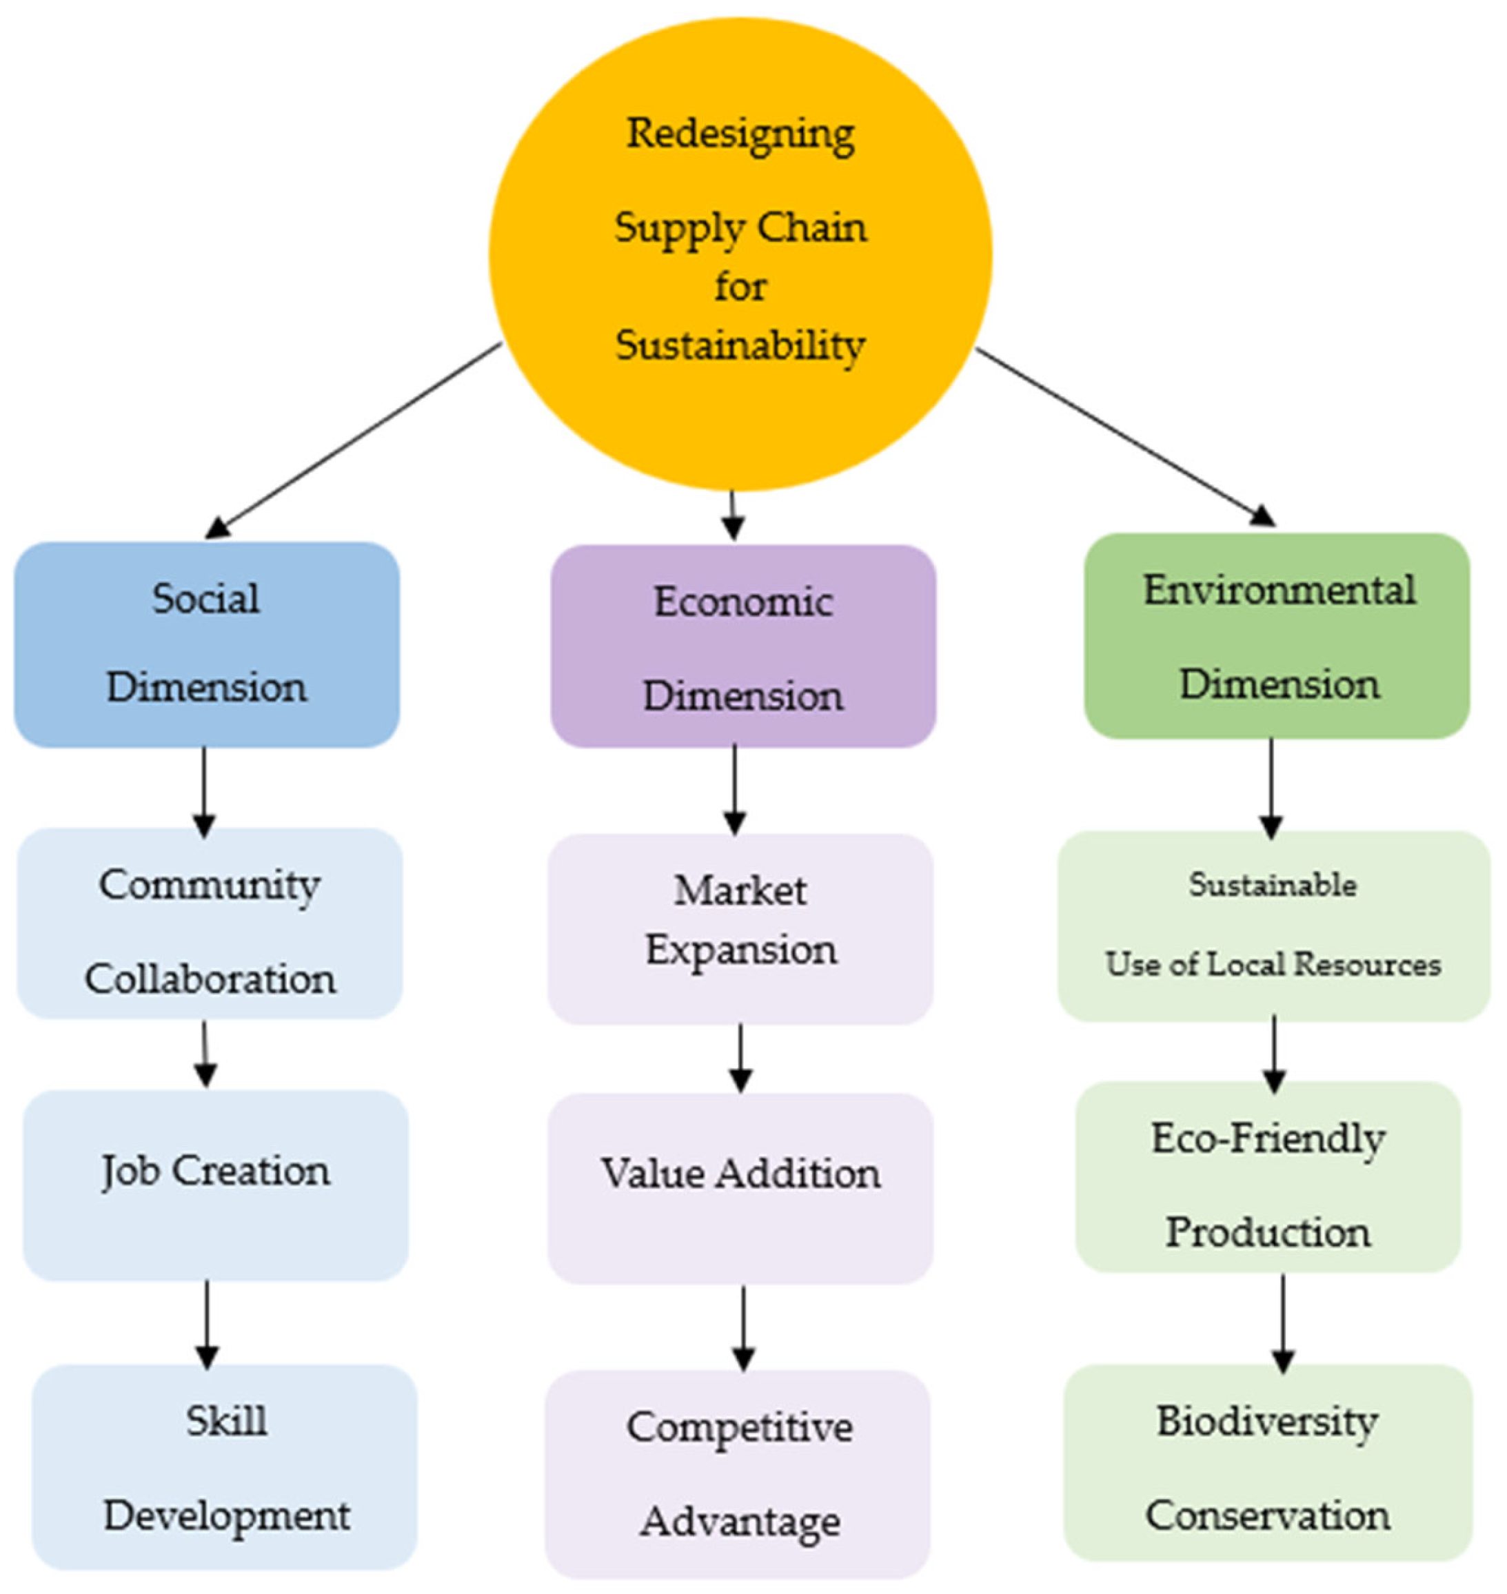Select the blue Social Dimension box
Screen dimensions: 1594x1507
point(206,645)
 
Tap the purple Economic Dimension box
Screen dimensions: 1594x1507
point(743,647)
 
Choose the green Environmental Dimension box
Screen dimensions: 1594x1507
point(1277,636)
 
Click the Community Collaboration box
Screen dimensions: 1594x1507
point(210,924)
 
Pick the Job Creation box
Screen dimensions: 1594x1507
point(215,1185)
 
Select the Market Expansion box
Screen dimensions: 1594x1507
point(740,929)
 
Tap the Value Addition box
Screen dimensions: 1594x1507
point(740,1189)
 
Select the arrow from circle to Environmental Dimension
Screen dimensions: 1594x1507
point(1124,437)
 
